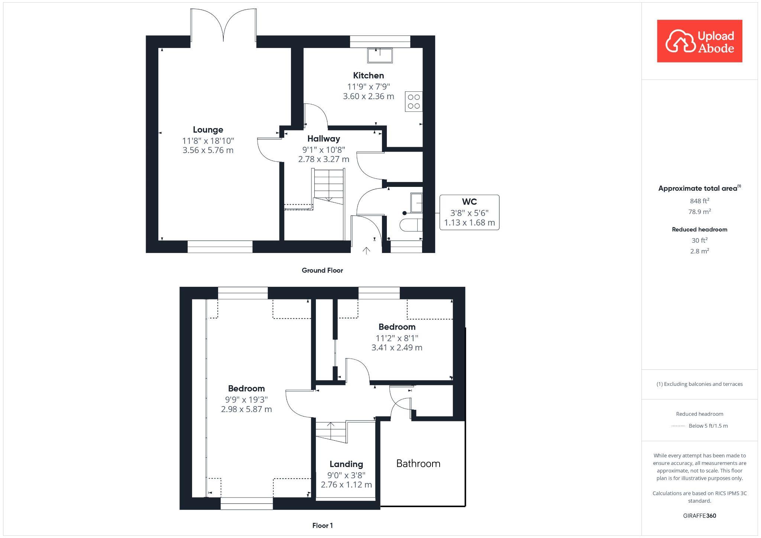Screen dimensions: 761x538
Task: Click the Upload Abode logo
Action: (x=699, y=41)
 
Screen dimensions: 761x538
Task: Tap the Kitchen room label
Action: (x=368, y=75)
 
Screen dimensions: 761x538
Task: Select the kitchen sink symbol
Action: (x=380, y=55)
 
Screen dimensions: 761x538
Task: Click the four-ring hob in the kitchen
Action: (x=414, y=101)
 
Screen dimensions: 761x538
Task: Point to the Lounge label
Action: (x=208, y=130)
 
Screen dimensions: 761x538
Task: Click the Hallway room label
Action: (x=324, y=139)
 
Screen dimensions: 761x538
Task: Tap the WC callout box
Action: (x=469, y=212)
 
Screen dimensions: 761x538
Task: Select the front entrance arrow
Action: (x=366, y=251)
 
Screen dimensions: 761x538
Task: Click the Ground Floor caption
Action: (x=322, y=270)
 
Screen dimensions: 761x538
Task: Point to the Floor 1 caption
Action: (x=323, y=525)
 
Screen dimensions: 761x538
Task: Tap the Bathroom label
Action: (x=418, y=463)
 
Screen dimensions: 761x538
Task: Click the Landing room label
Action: (x=346, y=464)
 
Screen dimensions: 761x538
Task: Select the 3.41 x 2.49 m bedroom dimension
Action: (x=397, y=347)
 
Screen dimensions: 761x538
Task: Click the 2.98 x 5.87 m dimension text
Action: (x=246, y=409)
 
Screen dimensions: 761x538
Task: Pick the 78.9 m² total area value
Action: (x=699, y=211)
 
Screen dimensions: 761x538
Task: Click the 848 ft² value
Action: (x=699, y=201)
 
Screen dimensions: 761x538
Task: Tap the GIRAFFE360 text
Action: (x=699, y=516)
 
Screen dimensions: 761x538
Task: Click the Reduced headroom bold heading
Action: (x=699, y=229)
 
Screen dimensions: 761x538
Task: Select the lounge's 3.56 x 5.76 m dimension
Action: (x=208, y=150)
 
